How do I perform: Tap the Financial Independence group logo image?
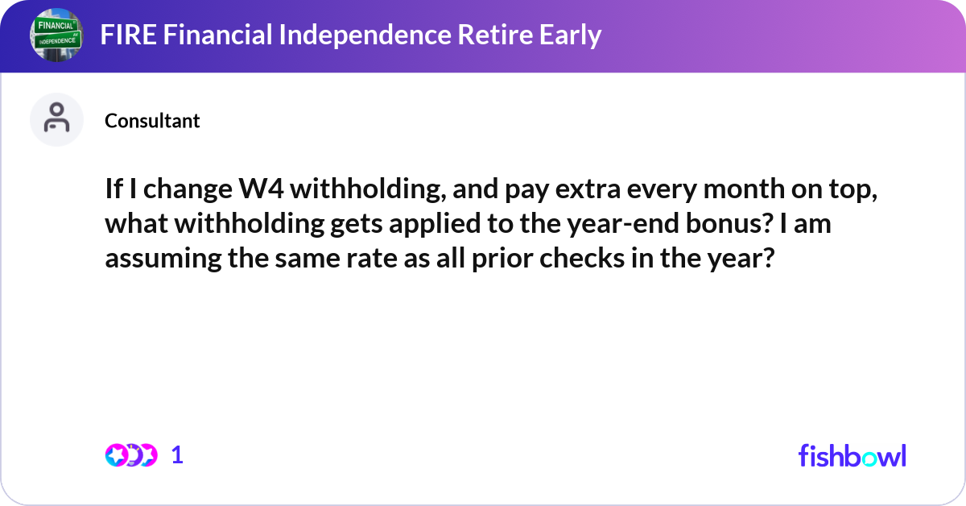click(x=56, y=35)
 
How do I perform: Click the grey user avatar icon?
click(x=56, y=120)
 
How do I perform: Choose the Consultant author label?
click(x=152, y=121)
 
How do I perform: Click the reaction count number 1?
click(x=177, y=455)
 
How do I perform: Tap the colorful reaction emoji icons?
click(x=131, y=455)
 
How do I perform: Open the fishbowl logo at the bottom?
click(x=852, y=455)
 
